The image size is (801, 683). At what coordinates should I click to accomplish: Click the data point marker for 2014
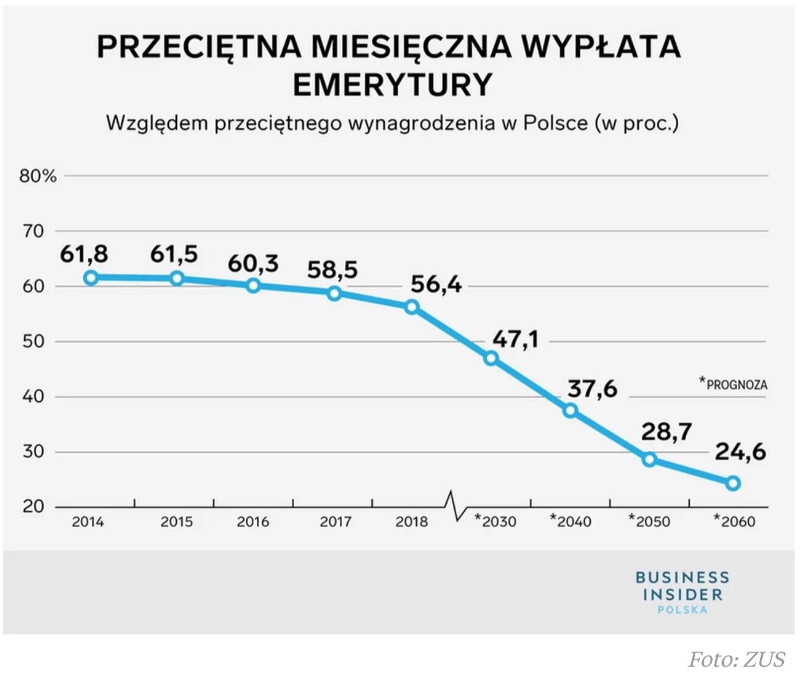coord(91,278)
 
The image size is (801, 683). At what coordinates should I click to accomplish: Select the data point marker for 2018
coord(411,307)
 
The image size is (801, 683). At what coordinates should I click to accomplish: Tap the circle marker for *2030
coord(491,359)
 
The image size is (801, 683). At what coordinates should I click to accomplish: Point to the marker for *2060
coord(732,483)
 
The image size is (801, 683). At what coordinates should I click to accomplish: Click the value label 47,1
coord(515,339)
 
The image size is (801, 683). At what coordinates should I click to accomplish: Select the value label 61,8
coord(84,253)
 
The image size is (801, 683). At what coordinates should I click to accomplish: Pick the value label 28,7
coord(666,431)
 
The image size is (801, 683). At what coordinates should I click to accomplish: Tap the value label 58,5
coord(332,269)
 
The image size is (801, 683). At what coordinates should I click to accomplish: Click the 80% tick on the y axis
coord(38,176)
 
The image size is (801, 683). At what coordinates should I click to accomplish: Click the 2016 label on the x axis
coord(253,521)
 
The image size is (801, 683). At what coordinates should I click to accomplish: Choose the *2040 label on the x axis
coord(570,521)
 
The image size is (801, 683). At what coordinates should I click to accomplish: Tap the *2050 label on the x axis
coord(649,521)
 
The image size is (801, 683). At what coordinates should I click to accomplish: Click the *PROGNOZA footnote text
coord(733,384)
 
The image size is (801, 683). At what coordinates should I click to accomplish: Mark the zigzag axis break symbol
coord(455,506)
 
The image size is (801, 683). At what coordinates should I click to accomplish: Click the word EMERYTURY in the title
coord(392,84)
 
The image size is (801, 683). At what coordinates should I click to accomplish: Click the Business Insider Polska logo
coord(682,592)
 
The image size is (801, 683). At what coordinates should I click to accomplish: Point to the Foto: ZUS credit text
coord(736,659)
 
